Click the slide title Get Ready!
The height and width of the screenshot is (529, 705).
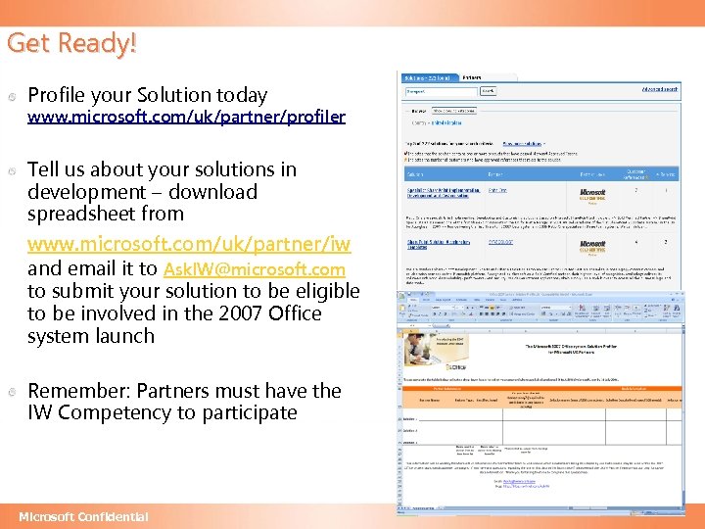71,42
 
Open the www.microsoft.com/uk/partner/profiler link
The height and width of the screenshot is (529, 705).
186,118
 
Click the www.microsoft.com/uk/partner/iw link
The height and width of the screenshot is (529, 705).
189,242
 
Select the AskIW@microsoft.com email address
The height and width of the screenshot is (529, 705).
255,269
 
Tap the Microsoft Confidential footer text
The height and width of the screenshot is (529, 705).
83,516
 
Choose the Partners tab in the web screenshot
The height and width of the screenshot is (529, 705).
471,75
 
